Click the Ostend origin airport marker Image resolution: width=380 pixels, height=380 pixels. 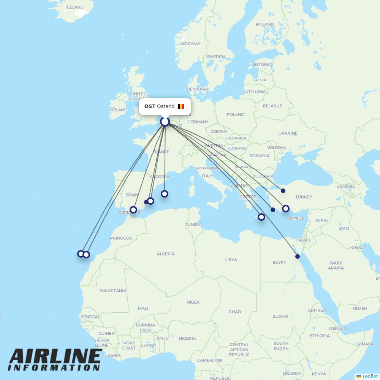tap(165, 122)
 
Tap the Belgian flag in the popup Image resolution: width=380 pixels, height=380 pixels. tap(181, 106)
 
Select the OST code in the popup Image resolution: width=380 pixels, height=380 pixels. tap(150, 106)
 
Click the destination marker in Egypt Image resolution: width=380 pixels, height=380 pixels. tap(298, 256)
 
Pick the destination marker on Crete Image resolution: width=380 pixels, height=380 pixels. tap(261, 217)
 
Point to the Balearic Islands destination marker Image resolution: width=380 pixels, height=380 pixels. tap(165, 194)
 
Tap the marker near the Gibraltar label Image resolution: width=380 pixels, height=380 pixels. tap(133, 210)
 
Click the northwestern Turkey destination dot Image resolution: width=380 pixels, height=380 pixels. tap(283, 191)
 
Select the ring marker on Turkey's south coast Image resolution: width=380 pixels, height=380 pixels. tap(286, 208)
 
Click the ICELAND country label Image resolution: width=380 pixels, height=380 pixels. tap(74, 7)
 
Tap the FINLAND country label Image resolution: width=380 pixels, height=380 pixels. tap(265, 24)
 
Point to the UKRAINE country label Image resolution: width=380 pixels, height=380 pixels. tap(288, 133)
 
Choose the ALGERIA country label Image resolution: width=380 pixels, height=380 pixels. tap(166, 254)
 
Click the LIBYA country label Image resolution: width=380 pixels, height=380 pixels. tap(231, 260)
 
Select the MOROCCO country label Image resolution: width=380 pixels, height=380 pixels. tap(121, 238)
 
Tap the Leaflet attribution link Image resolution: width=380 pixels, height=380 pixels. tap(370, 376)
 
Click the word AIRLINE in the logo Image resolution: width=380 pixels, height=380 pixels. tap(55, 356)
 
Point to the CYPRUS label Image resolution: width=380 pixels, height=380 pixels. tap(296, 218)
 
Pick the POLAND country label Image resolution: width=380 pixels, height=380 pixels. tap(236, 114)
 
